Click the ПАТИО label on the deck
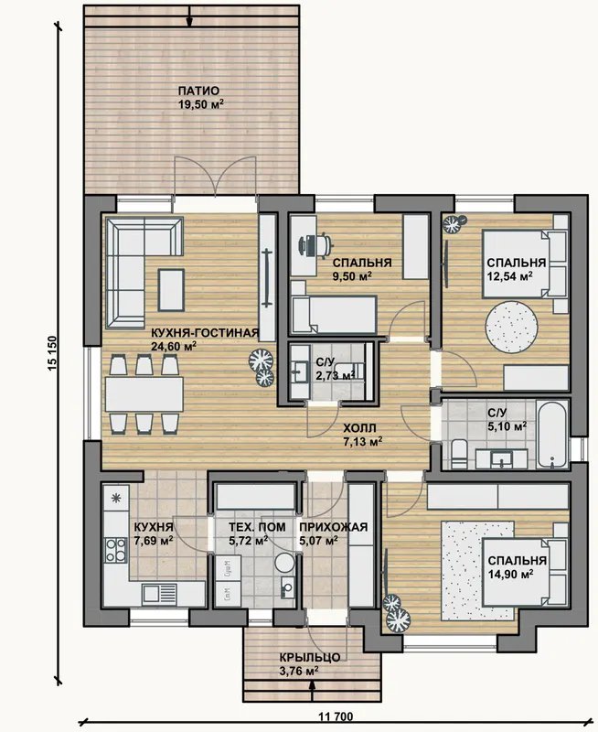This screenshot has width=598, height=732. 198,91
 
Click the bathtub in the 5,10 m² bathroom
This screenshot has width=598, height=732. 551,433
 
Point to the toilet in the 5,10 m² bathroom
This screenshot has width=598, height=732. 460,454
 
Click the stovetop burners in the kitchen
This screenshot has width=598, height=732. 116,550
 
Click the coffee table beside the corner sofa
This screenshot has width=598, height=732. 171,289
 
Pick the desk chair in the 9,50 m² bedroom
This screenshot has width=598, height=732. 325,244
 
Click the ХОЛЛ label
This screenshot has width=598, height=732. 359,428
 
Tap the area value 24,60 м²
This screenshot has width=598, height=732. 174,346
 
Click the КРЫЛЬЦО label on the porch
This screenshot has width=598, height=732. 310,657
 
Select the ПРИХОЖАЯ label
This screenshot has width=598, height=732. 334,528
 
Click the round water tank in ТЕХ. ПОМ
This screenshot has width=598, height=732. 284,563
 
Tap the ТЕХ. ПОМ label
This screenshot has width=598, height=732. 257,528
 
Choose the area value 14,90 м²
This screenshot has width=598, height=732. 510,575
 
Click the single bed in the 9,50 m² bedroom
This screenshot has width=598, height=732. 334,315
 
